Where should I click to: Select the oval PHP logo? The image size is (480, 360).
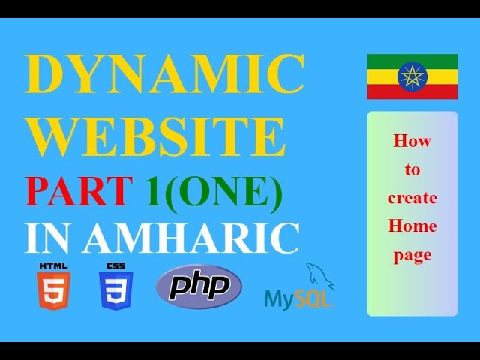click(x=199, y=286)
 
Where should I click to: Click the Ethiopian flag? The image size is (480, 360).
click(x=412, y=76)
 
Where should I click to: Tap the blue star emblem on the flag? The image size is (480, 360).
click(x=412, y=76)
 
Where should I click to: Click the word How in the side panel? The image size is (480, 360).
click(x=412, y=140)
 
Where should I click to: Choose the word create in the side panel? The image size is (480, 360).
click(x=412, y=198)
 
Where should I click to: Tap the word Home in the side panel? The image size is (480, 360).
click(x=412, y=226)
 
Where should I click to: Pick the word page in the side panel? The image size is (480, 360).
click(x=412, y=255)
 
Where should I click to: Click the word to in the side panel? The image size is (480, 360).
click(x=412, y=169)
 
